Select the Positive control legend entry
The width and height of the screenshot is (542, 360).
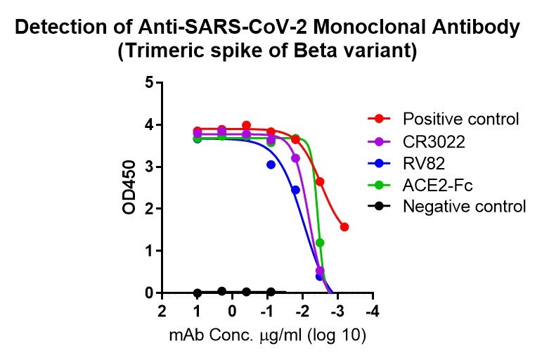click(460, 118)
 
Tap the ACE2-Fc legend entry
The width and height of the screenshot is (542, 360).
click(431, 185)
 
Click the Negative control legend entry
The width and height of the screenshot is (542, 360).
click(465, 207)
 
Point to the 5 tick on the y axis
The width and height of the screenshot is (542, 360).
click(148, 83)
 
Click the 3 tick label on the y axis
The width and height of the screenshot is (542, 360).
click(148, 167)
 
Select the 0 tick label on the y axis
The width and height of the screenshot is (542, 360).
click(148, 292)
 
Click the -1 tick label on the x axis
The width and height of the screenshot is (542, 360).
click(268, 311)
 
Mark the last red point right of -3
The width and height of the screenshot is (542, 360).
click(344, 226)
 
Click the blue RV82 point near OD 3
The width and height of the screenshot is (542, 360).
click(271, 165)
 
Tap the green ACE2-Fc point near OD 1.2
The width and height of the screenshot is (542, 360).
click(320, 243)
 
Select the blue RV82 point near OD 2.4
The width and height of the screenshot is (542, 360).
click(295, 190)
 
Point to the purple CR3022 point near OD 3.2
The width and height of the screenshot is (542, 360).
click(295, 158)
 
